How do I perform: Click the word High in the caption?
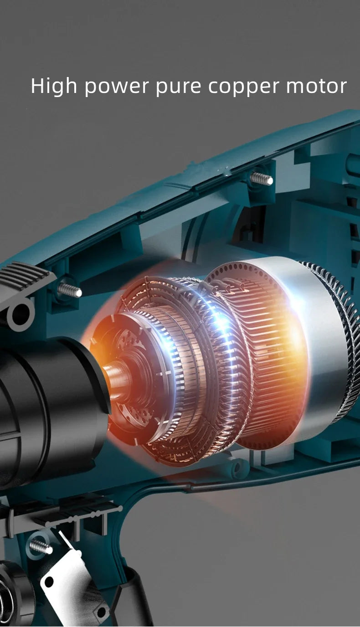pos(54,87)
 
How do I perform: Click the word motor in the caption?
pos(316,86)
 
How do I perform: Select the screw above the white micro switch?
pos(41,546)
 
